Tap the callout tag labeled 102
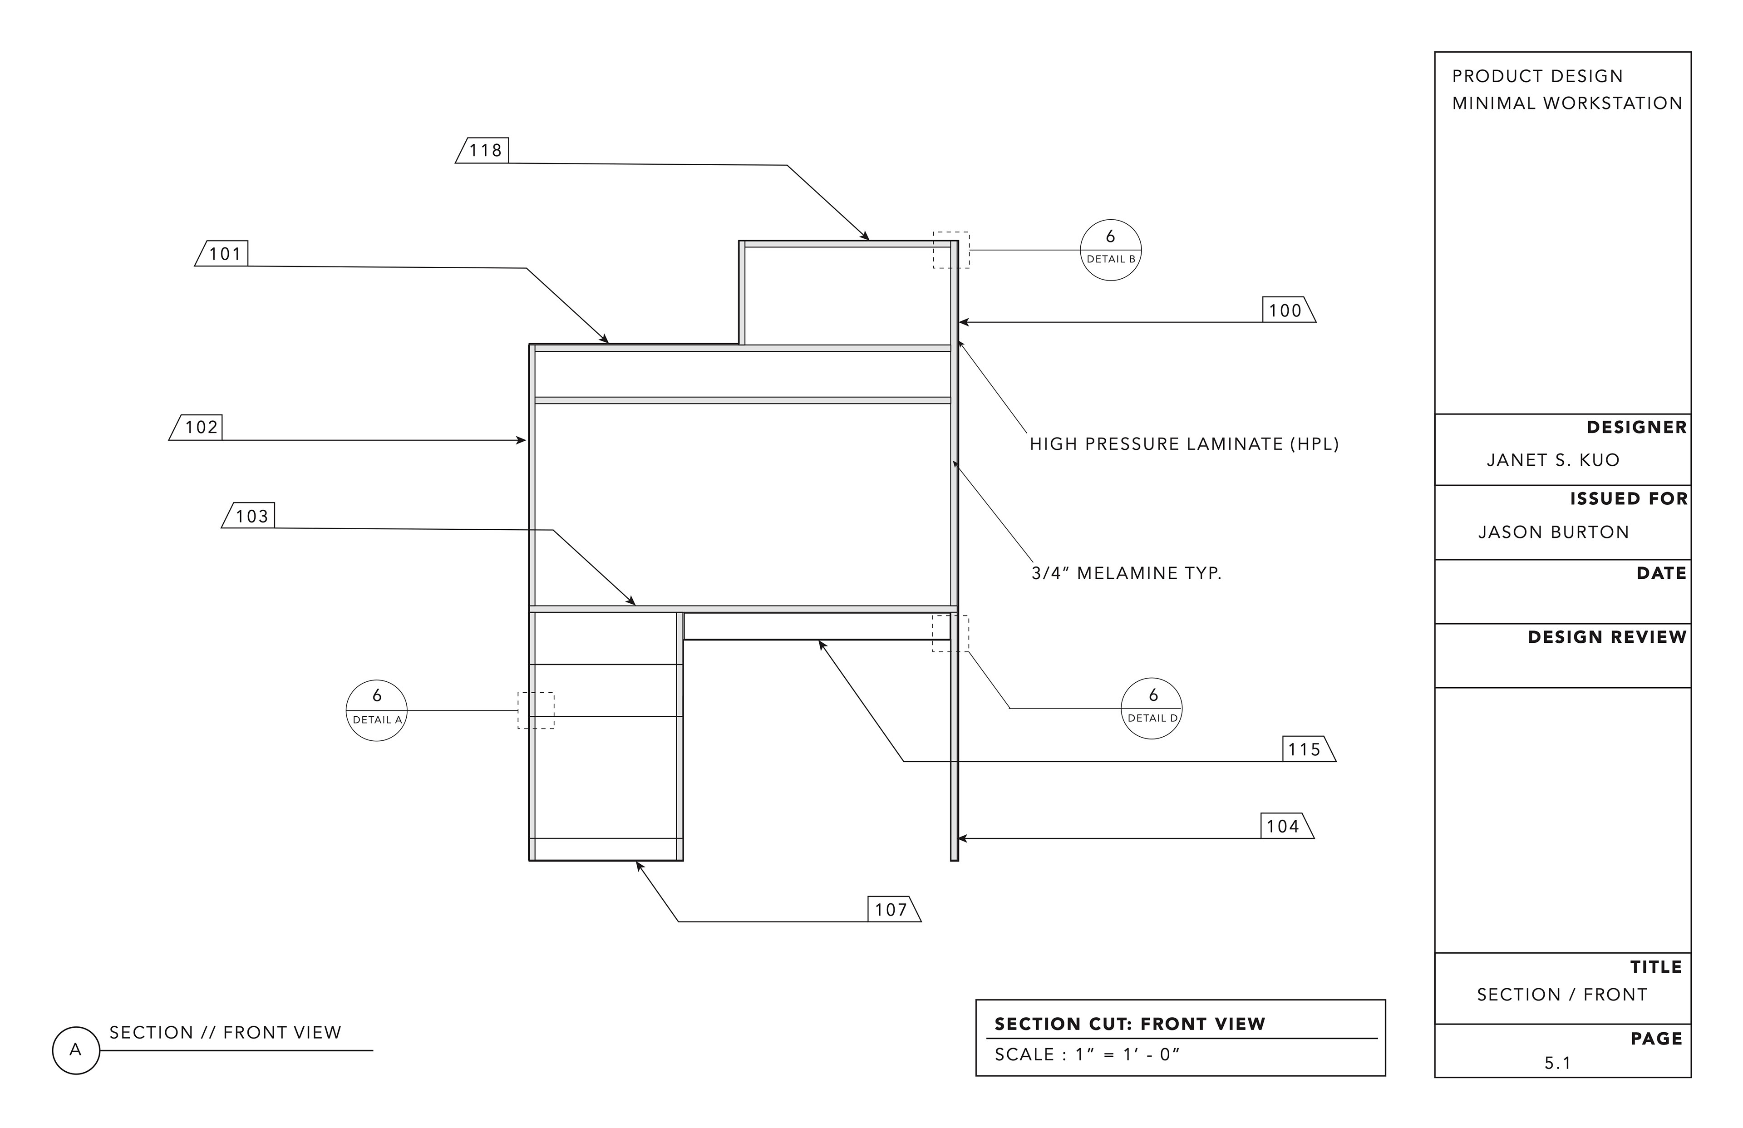pos(200,427)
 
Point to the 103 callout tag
pos(251,516)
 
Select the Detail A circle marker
pos(376,710)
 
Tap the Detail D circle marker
pos(1152,708)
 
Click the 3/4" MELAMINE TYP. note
pos(1126,573)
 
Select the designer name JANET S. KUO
pos(1553,460)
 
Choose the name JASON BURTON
pos(1553,532)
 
